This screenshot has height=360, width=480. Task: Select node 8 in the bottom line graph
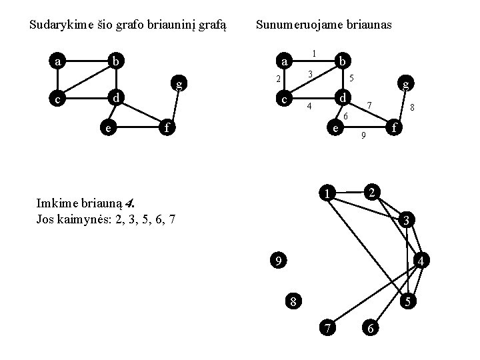293,301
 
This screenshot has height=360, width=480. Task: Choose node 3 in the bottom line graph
408,221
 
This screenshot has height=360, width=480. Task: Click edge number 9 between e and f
363,137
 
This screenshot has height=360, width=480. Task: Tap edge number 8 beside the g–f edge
413,107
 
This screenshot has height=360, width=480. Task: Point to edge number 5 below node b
352,78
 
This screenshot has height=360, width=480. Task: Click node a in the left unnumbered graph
59,62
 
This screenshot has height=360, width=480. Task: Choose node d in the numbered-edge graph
341,98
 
